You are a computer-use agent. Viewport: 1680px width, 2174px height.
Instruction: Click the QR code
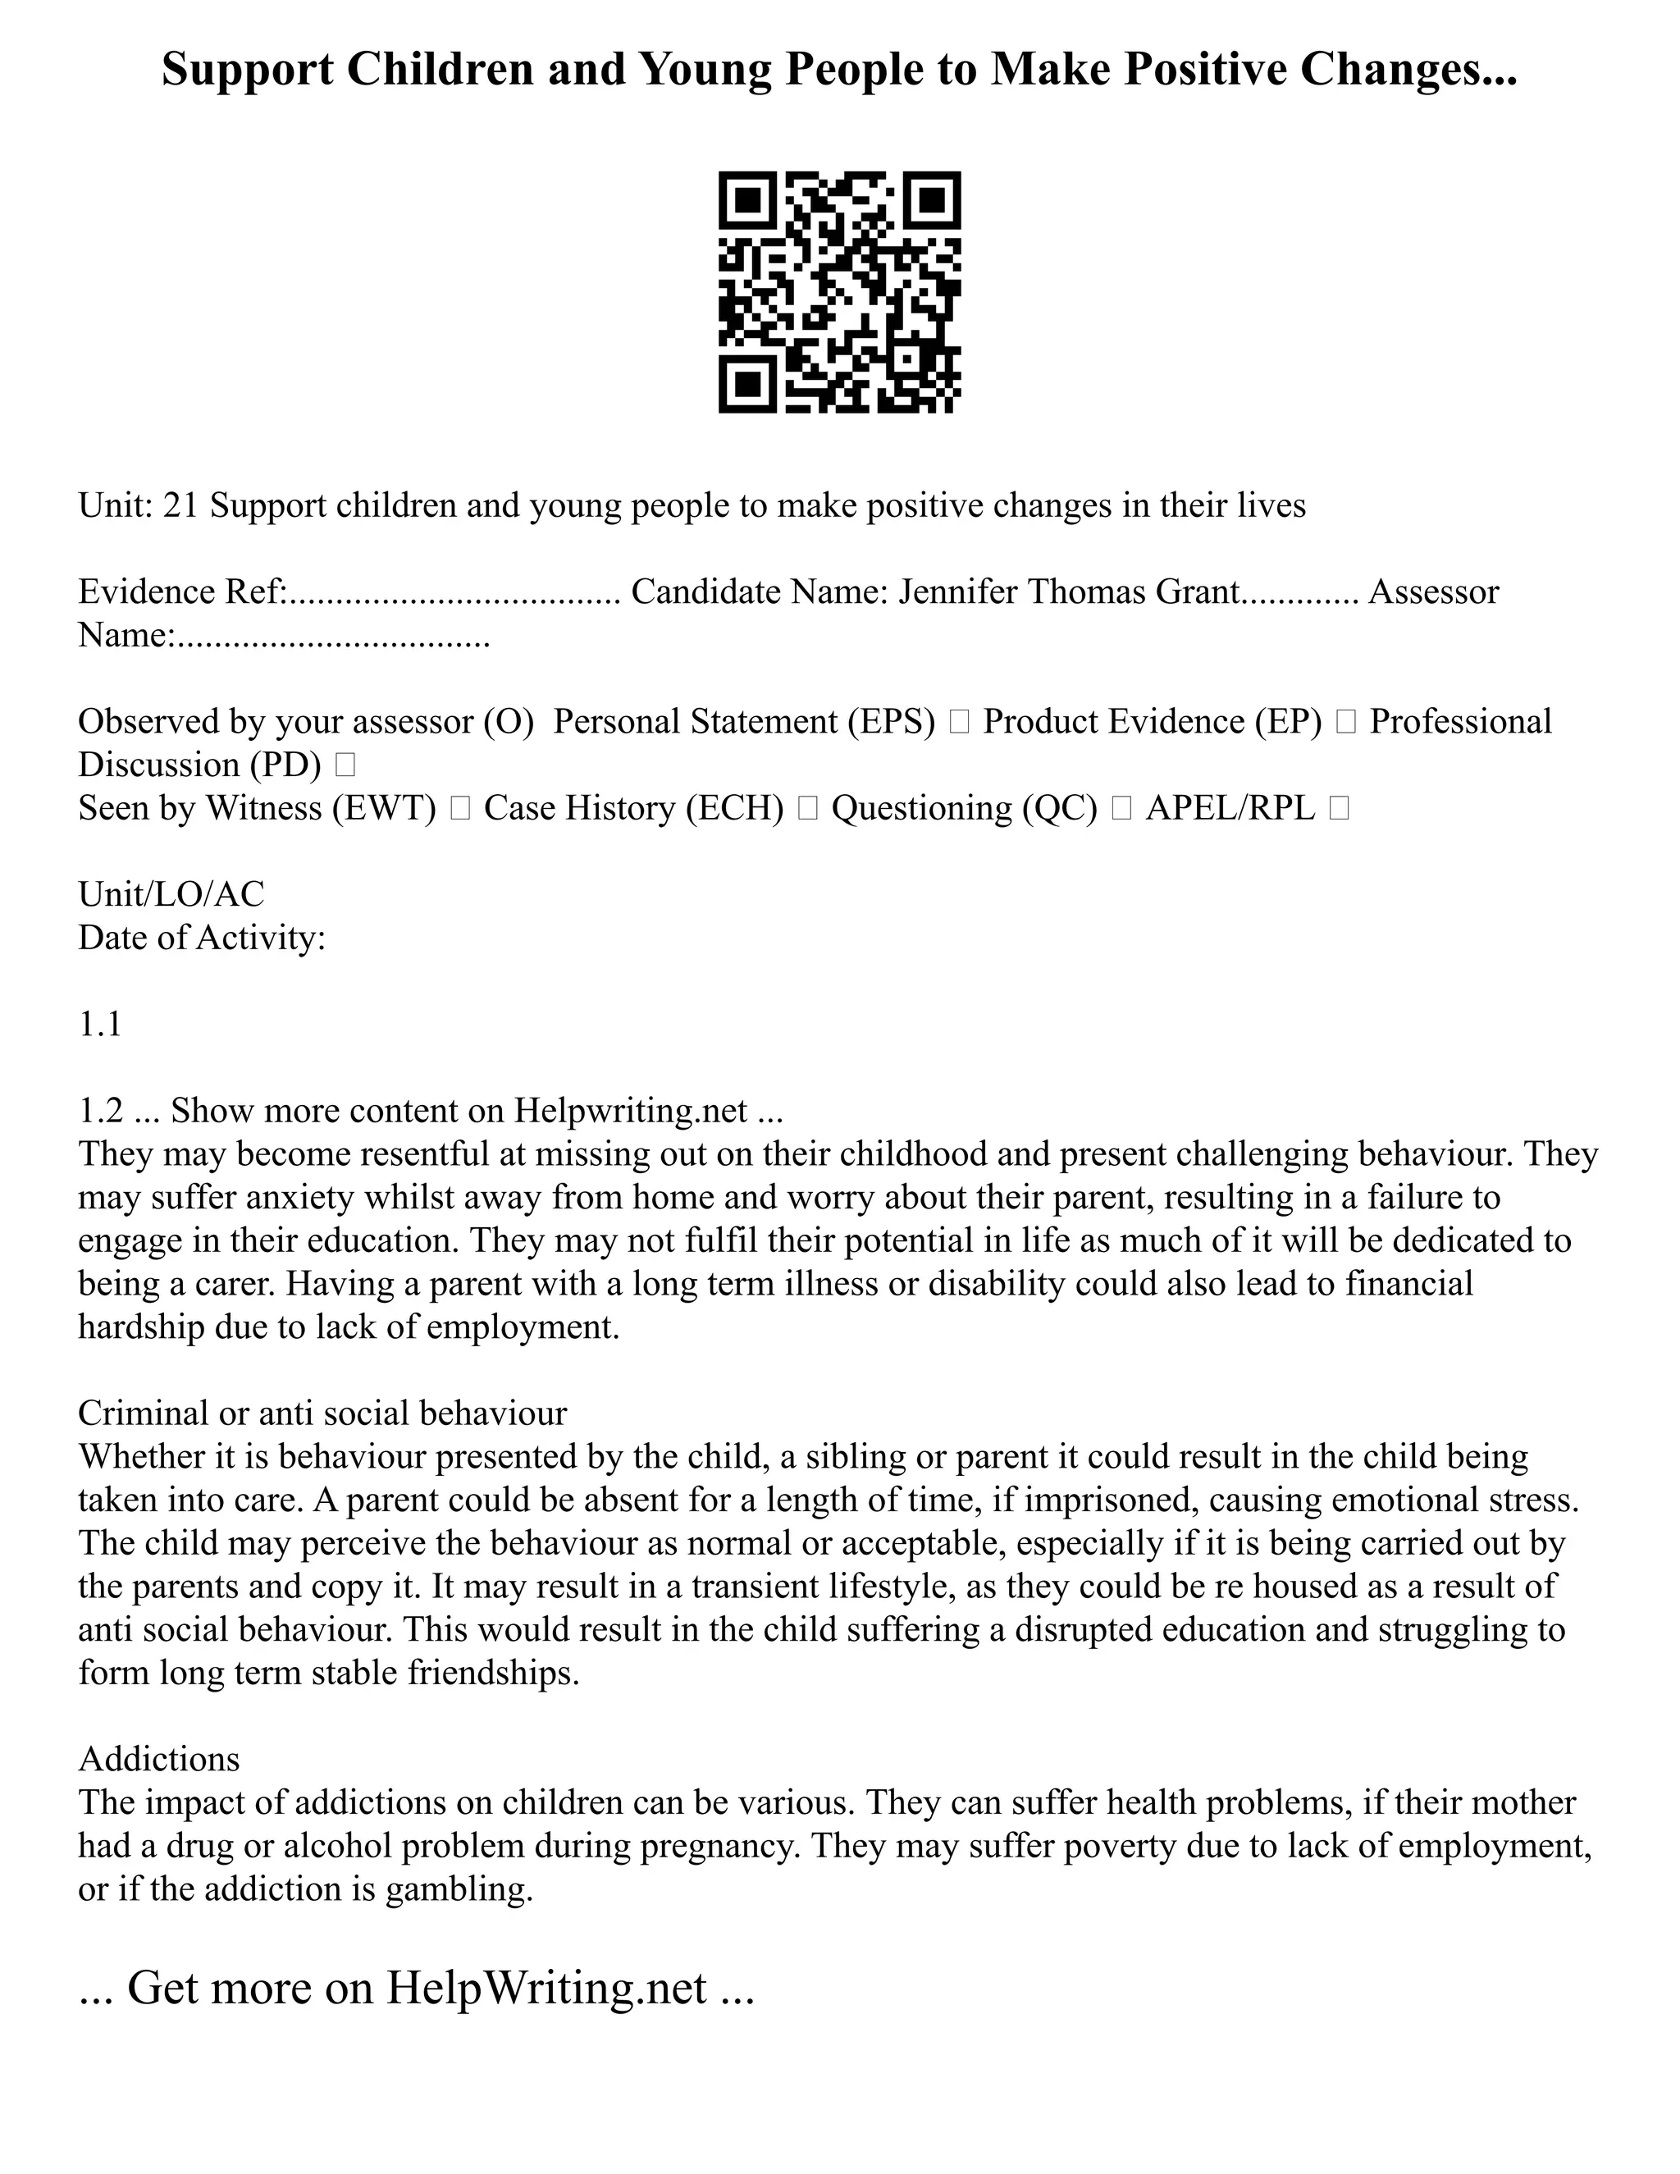839,292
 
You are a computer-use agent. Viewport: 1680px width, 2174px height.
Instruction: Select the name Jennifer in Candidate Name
957,592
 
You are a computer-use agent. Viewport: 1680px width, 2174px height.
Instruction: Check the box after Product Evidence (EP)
1345,723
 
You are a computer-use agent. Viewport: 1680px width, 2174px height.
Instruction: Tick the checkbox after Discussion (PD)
345,765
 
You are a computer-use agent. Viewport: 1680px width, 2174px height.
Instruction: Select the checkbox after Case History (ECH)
807,809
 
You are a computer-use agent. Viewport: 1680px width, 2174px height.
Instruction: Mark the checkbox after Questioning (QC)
1121,809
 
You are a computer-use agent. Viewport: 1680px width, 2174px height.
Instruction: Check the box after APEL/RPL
1339,809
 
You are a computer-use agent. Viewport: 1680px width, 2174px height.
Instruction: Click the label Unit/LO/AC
171,895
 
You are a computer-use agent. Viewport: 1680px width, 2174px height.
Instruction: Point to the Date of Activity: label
202,938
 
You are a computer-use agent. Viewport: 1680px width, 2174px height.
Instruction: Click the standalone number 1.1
99,1025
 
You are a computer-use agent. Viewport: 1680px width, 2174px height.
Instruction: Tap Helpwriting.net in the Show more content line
630,1111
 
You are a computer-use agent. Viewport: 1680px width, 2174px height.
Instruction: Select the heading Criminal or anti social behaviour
322,1414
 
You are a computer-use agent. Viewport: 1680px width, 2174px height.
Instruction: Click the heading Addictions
159,1759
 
